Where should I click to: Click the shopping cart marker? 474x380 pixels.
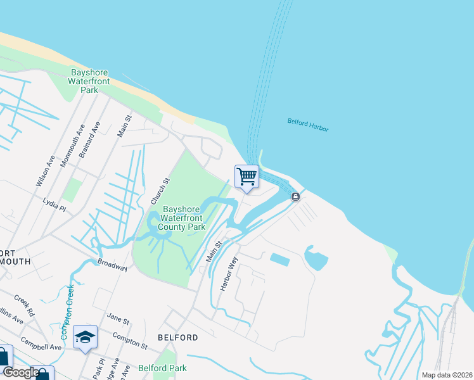(x=247, y=177)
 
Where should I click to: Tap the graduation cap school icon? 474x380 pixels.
(x=85, y=338)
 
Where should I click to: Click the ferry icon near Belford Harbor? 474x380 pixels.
(x=295, y=197)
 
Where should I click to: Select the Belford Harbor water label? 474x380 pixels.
(x=308, y=124)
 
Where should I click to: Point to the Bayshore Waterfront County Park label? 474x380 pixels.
(x=182, y=217)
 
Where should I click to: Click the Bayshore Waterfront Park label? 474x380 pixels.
(x=91, y=81)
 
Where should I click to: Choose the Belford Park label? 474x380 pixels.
(x=162, y=367)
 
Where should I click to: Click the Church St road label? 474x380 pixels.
(x=160, y=191)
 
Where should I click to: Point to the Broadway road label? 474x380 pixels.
(x=113, y=265)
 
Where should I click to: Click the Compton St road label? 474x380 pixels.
(x=130, y=341)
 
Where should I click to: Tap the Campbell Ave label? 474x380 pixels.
(x=41, y=346)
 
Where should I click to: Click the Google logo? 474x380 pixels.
(x=21, y=372)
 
